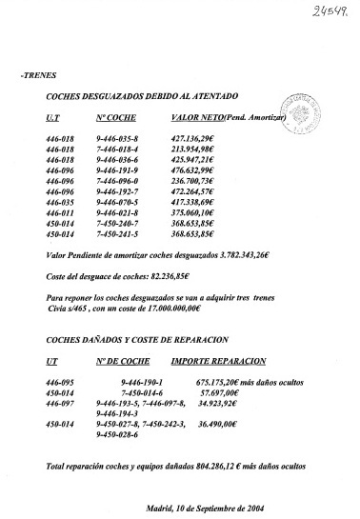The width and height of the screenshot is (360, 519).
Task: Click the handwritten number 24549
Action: tap(329, 14)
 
